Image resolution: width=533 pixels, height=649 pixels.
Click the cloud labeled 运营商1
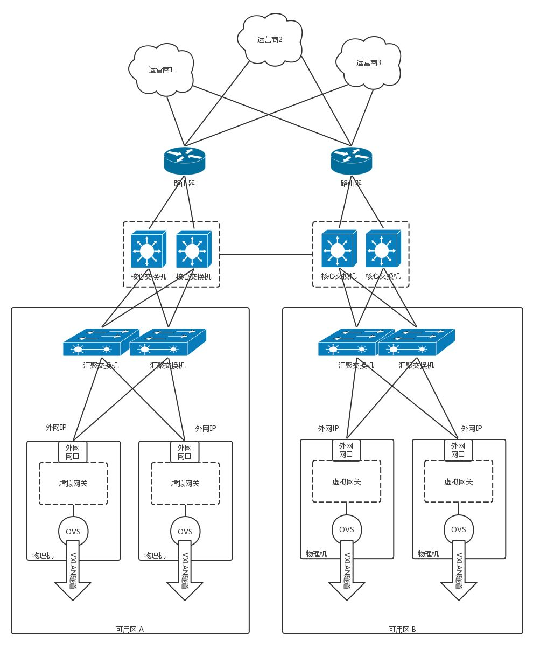[161, 69]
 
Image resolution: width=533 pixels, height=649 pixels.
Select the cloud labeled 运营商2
[270, 39]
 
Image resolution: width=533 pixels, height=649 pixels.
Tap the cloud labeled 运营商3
[368, 62]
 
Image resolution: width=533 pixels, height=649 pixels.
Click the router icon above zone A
[185, 160]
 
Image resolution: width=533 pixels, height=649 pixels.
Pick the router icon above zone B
[352, 160]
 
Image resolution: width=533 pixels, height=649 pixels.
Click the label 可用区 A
[130, 629]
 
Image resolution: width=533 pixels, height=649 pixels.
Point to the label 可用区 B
[402, 629]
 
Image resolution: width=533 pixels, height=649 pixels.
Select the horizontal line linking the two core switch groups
[266, 254]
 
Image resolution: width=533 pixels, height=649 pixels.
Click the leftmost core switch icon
[147, 249]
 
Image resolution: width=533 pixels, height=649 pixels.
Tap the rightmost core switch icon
[382, 249]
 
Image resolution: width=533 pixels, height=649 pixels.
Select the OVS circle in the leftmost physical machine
[73, 531]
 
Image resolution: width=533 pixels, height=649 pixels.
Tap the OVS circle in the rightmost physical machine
[459, 529]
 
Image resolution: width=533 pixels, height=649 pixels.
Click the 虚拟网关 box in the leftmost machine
[73, 483]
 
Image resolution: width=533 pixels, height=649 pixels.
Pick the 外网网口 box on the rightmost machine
[458, 450]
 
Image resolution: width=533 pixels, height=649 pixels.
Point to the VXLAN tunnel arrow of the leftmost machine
[73, 572]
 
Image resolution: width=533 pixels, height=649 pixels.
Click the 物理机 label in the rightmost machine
[429, 554]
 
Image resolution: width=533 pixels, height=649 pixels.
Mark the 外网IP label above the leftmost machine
[56, 427]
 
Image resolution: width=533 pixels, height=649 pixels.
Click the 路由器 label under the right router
[352, 184]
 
